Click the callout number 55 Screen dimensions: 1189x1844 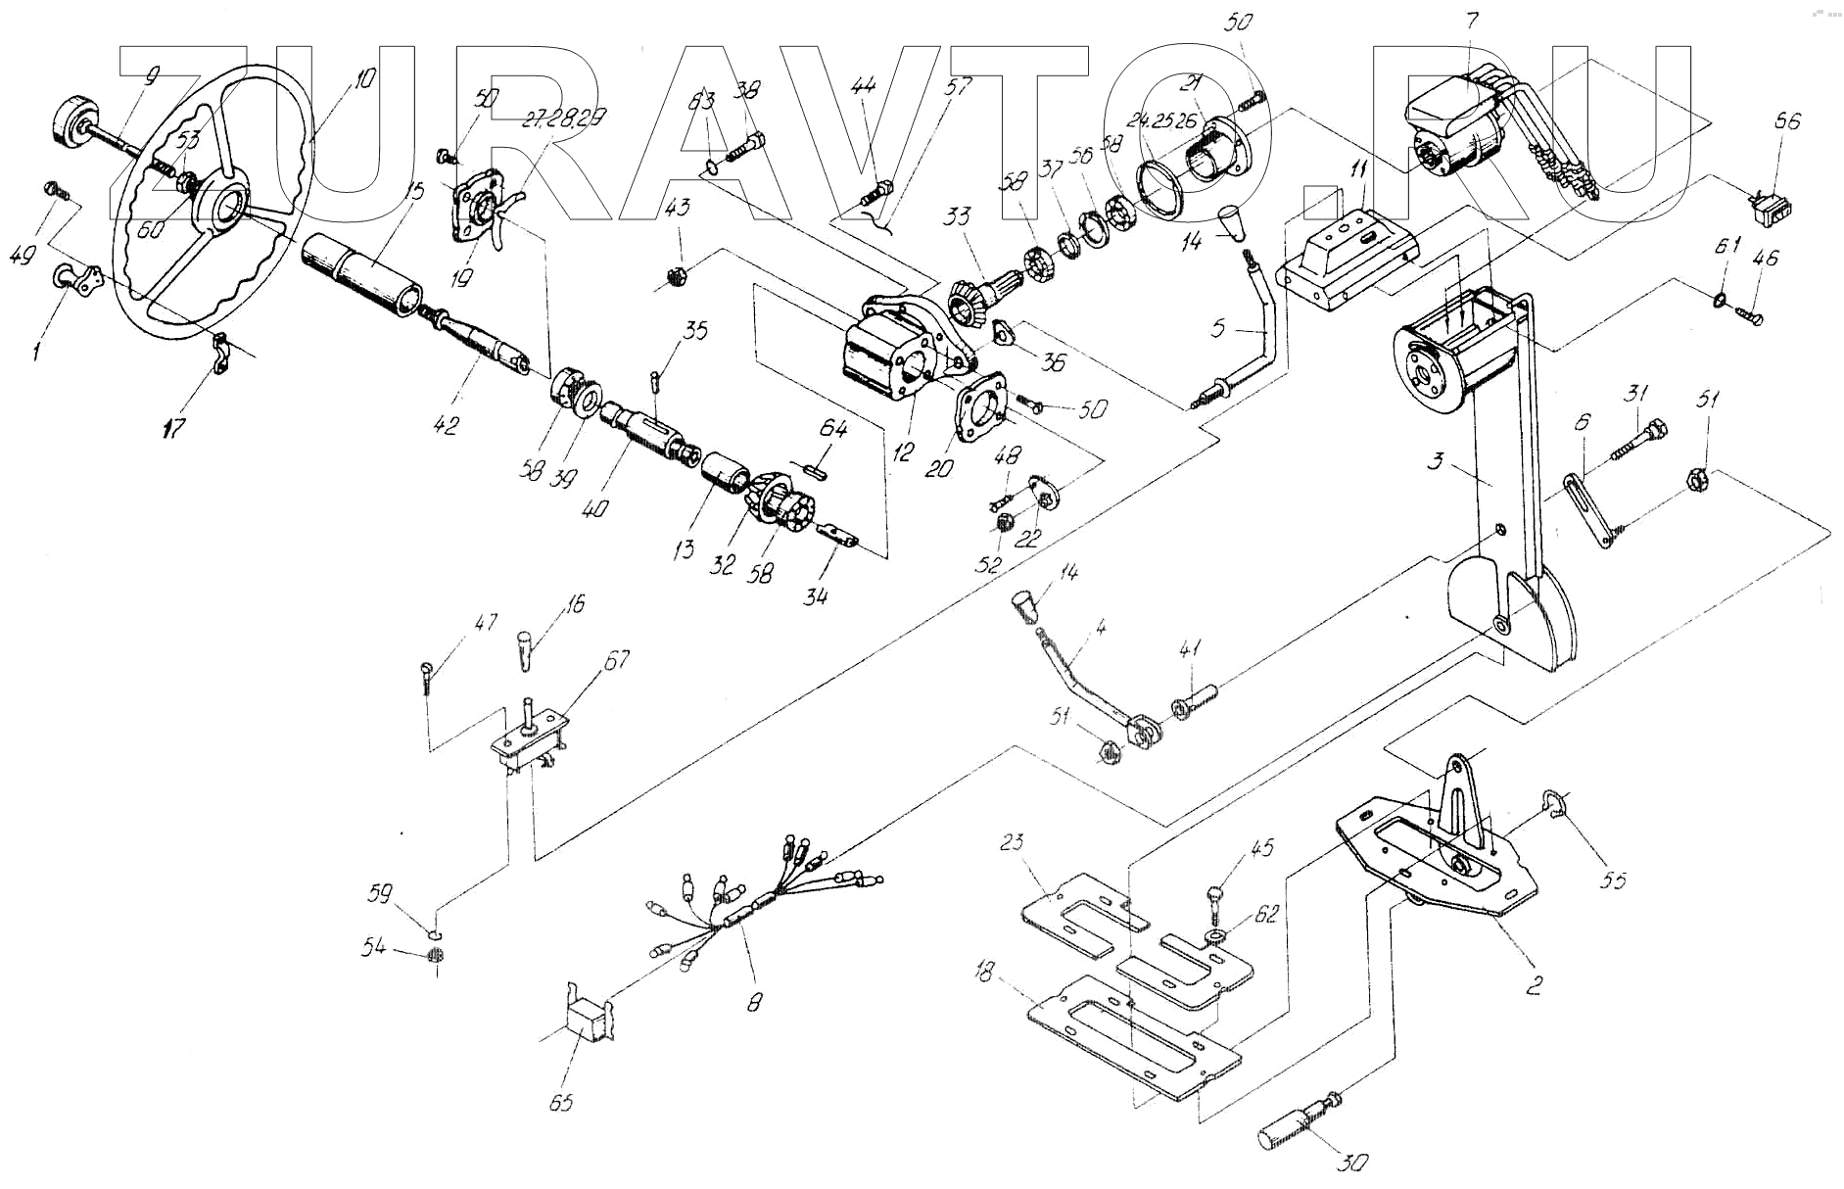[x=1613, y=880]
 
